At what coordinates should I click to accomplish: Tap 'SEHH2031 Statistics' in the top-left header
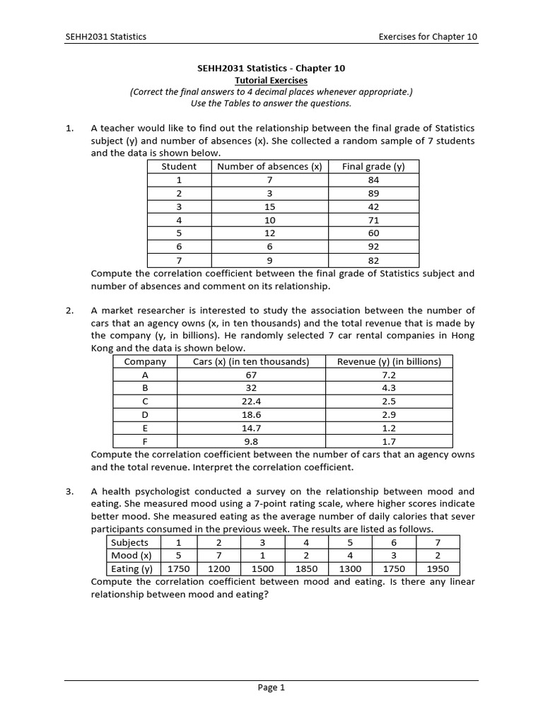click(x=105, y=37)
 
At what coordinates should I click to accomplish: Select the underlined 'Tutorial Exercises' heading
click(x=271, y=81)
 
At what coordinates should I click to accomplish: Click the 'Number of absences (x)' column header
click(x=269, y=167)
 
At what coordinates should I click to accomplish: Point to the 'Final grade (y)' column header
click(x=373, y=167)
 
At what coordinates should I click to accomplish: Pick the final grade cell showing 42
click(x=373, y=206)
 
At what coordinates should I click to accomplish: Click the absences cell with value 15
click(x=269, y=206)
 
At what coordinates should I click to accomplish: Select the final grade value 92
click(x=373, y=246)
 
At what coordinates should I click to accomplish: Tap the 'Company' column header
click(x=145, y=361)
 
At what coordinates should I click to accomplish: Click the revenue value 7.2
click(x=389, y=375)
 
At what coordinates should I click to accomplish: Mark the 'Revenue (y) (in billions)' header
click(x=389, y=361)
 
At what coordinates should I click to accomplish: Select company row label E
click(x=145, y=428)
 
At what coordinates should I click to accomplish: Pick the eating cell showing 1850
click(x=306, y=568)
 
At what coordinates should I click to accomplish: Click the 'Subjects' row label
click(x=131, y=542)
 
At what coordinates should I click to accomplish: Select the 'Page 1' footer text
click(x=271, y=687)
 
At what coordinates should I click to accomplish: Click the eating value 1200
click(x=218, y=568)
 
